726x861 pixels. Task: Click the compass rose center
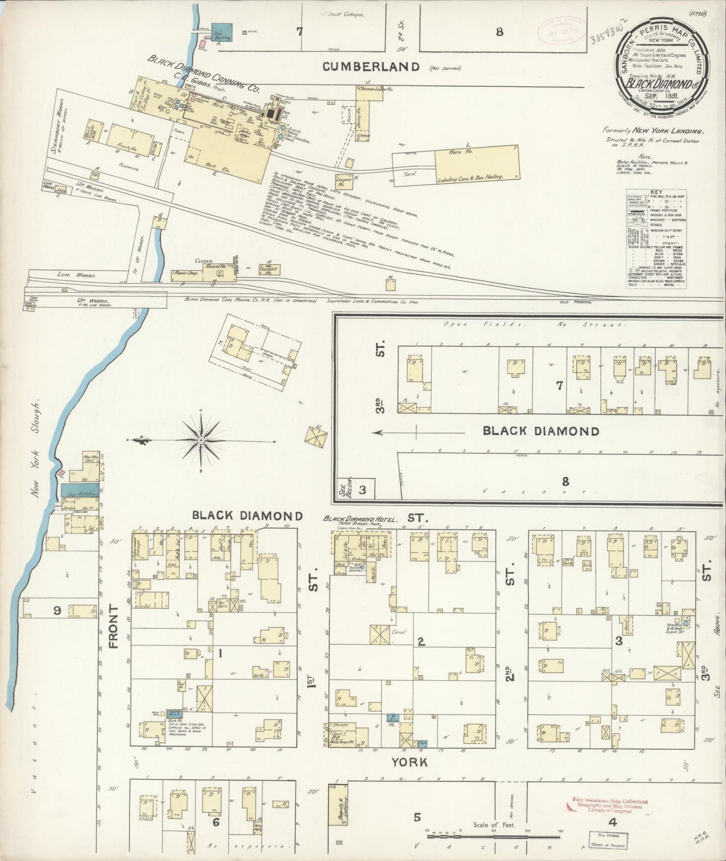[201, 440]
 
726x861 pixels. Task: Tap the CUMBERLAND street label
[371, 66]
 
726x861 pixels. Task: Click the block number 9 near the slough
[57, 611]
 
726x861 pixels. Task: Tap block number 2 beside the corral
[422, 641]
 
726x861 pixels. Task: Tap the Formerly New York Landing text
[653, 131]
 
